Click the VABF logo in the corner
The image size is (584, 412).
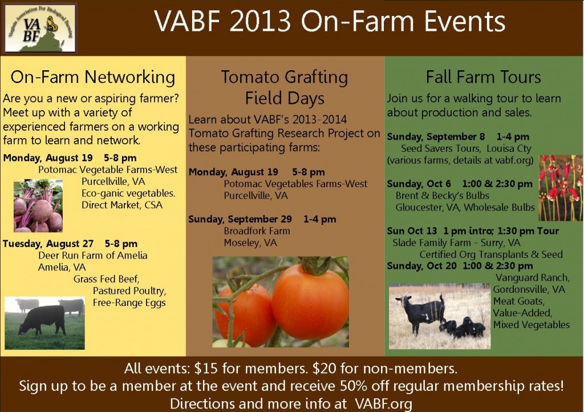point(39,27)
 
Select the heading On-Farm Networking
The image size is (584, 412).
point(93,76)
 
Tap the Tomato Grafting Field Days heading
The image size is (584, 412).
point(284,87)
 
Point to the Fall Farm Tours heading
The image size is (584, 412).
point(483,76)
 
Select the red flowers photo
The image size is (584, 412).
point(561,188)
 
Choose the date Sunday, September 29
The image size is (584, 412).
point(240,219)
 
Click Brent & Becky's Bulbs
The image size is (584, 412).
point(442,196)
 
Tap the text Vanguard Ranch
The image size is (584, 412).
point(532,277)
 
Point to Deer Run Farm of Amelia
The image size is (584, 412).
point(92,255)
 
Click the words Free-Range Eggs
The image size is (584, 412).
point(129,302)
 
